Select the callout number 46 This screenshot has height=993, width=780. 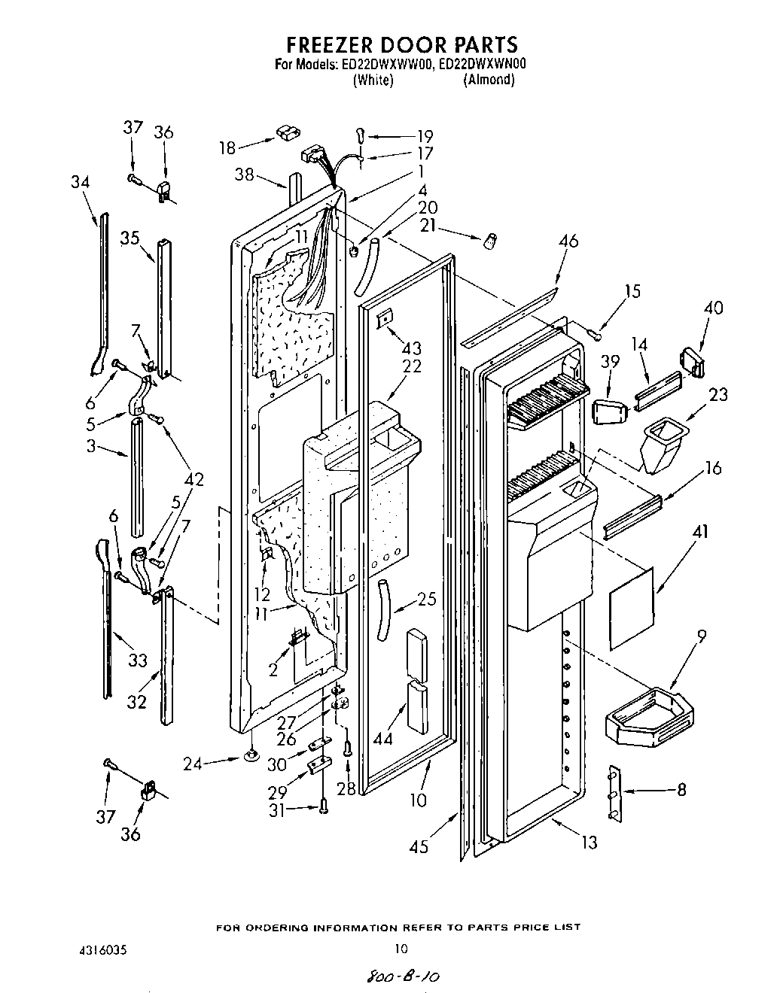coord(568,242)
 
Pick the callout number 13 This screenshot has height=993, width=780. coord(589,843)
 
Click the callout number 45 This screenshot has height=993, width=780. coord(419,846)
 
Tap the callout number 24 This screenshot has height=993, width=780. coord(193,764)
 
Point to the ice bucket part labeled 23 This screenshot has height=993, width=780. coord(660,445)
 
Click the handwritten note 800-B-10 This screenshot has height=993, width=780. coord(401,976)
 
